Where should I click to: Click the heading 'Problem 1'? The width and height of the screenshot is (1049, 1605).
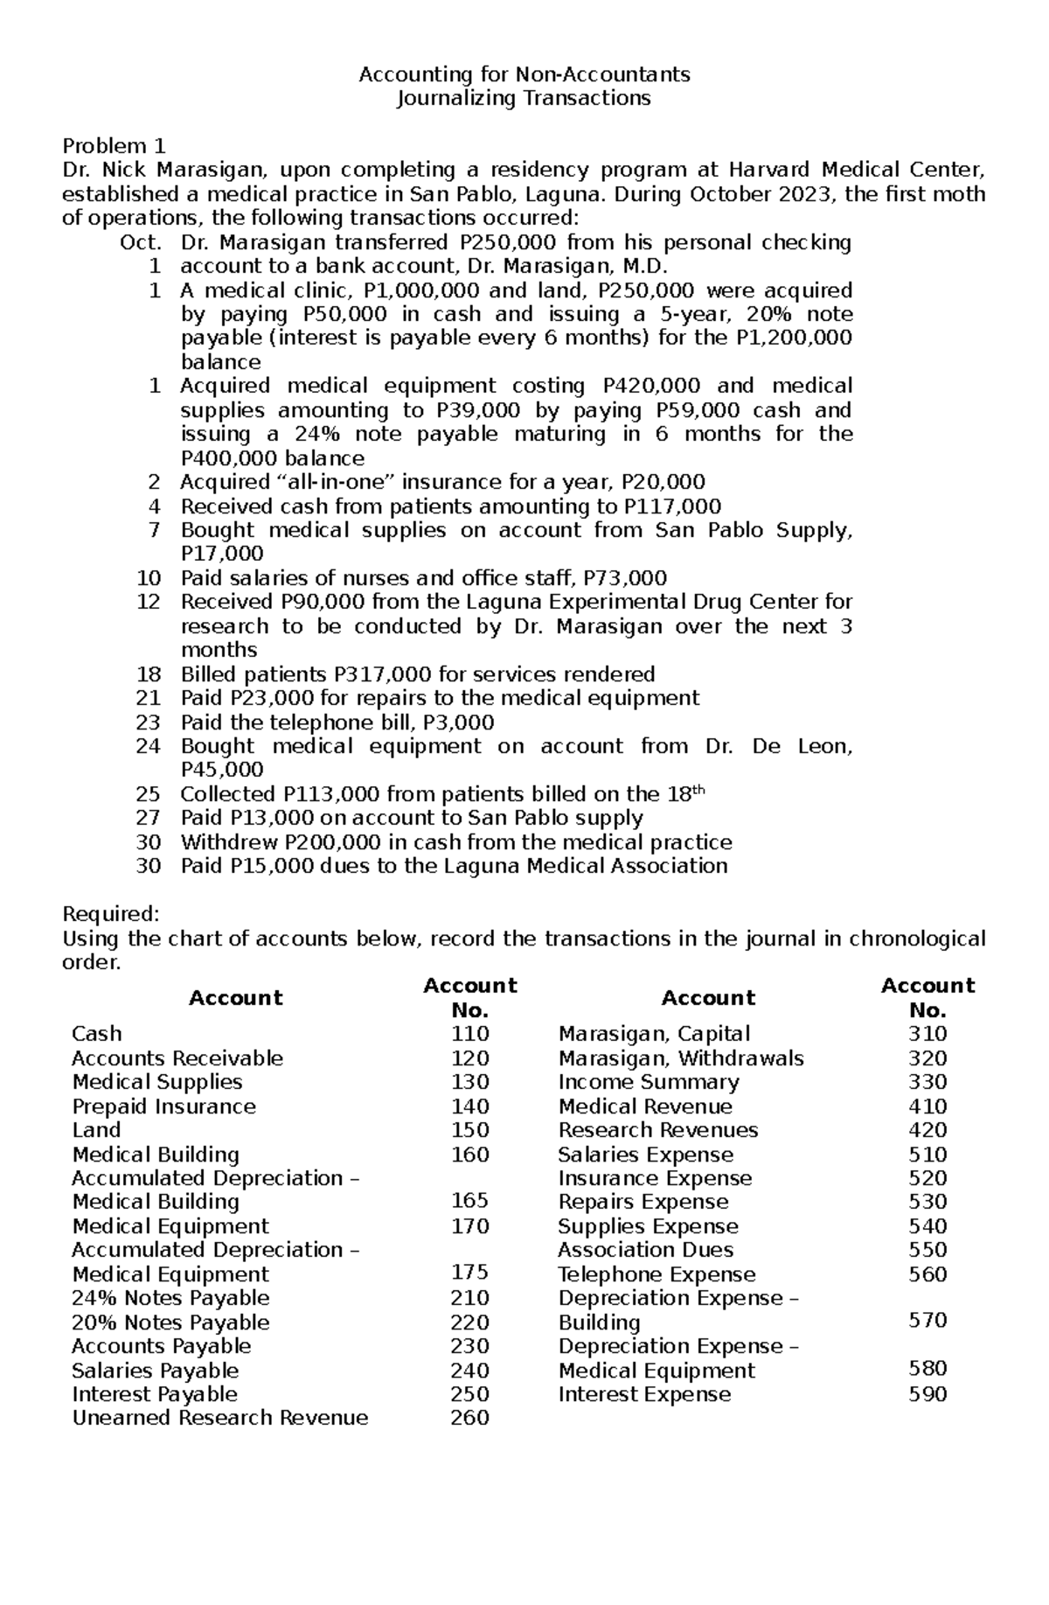click(x=114, y=145)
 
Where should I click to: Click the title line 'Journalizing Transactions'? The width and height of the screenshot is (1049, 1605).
click(x=524, y=98)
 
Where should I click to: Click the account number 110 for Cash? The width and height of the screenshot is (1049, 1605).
click(x=469, y=1034)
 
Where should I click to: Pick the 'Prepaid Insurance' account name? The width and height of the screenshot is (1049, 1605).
click(x=163, y=1106)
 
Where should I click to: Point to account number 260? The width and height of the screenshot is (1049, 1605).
click(x=469, y=1418)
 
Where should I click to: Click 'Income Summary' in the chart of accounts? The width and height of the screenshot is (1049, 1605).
click(x=648, y=1082)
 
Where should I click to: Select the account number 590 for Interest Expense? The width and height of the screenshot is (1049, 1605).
click(x=927, y=1394)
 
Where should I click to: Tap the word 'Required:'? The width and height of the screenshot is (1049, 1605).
click(x=110, y=914)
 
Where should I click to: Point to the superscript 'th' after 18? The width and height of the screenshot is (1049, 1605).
click(x=698, y=790)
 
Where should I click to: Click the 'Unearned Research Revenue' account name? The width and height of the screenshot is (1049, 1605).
click(x=219, y=1418)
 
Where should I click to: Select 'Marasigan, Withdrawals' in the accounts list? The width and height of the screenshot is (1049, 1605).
click(x=680, y=1058)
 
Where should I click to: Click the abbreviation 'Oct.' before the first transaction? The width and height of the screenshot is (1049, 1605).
click(x=141, y=242)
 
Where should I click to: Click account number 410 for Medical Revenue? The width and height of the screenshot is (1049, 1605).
click(x=927, y=1106)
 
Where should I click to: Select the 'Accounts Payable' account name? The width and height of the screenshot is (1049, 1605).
click(x=161, y=1346)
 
